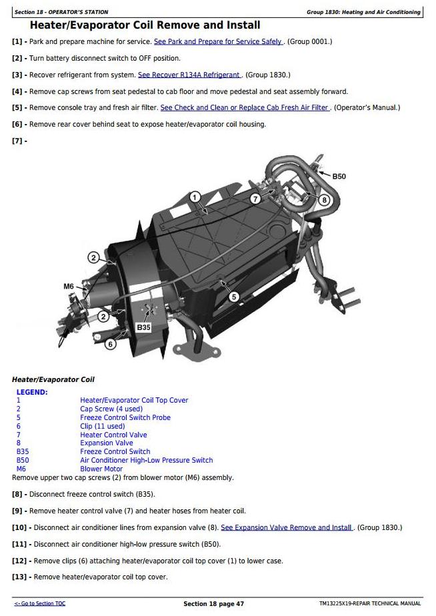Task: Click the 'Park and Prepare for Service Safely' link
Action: point(218,41)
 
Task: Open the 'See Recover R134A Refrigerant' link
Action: point(190,75)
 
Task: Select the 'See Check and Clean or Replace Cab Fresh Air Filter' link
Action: point(245,107)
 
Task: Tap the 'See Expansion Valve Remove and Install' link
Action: point(287,527)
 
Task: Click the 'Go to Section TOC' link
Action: point(40,603)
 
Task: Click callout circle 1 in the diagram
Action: point(195,197)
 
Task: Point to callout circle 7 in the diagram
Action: point(255,199)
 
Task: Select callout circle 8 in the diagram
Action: point(325,199)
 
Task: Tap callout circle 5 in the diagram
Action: point(233,297)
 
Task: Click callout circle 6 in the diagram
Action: point(111,345)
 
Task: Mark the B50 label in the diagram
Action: point(339,177)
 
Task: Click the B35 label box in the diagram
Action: point(143,328)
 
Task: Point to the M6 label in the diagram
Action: point(69,286)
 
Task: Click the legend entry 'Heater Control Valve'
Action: point(113,435)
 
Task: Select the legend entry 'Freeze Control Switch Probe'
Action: point(125,417)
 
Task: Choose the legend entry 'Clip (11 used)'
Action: point(102,426)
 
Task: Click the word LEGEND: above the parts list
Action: point(32,392)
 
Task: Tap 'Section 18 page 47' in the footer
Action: point(213,604)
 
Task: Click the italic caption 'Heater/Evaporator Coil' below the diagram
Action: point(53,379)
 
